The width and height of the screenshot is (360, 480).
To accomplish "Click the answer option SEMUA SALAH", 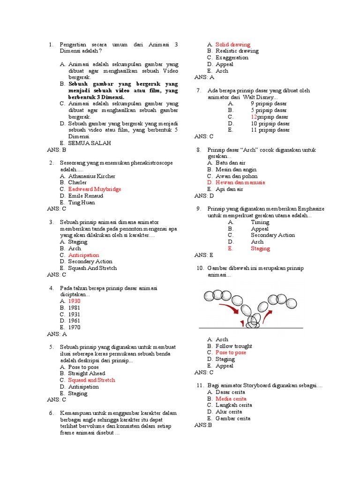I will [x=90, y=143].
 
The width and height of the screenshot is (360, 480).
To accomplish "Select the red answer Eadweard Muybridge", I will [x=94, y=189].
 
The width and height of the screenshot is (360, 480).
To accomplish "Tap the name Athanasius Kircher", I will [x=91, y=176].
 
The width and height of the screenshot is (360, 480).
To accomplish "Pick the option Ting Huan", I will [x=81, y=202].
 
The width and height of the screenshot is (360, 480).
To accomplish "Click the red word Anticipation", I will [x=83, y=255].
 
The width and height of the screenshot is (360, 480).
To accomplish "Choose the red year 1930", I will [x=74, y=300].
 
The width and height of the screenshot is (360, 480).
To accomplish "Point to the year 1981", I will [x=74, y=307].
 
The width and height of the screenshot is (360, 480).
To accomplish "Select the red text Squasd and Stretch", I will [x=91, y=380].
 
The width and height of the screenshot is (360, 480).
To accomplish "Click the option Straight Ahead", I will [x=87, y=373].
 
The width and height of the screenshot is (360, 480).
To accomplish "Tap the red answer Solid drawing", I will [x=232, y=45].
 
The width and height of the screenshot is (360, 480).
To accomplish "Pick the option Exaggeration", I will [x=232, y=58].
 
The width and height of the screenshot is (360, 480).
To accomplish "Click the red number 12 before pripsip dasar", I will [x=254, y=117].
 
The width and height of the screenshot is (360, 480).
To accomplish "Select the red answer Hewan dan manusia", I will [x=240, y=182].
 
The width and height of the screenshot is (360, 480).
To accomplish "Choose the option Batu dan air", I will [x=230, y=163].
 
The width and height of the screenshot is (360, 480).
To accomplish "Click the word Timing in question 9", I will [x=260, y=222].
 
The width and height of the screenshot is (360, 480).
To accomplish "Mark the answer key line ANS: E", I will [x=204, y=255].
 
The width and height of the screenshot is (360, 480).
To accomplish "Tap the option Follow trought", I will [x=233, y=346].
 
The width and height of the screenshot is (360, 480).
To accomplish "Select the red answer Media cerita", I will [x=231, y=398].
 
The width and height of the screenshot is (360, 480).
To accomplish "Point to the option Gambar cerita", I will [x=232, y=418].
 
